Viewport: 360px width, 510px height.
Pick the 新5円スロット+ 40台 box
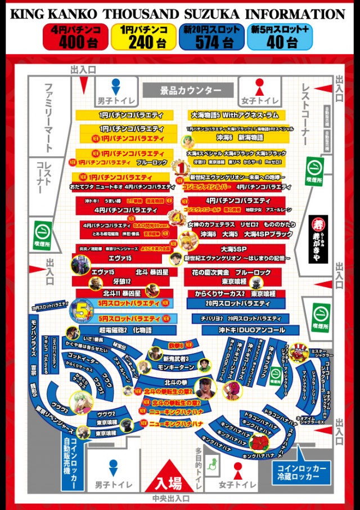pyautogui.click(x=283, y=37)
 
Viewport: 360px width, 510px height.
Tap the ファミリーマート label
pyautogui.click(x=48, y=118)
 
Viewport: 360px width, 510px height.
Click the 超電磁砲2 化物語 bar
pyautogui.click(x=124, y=330)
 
